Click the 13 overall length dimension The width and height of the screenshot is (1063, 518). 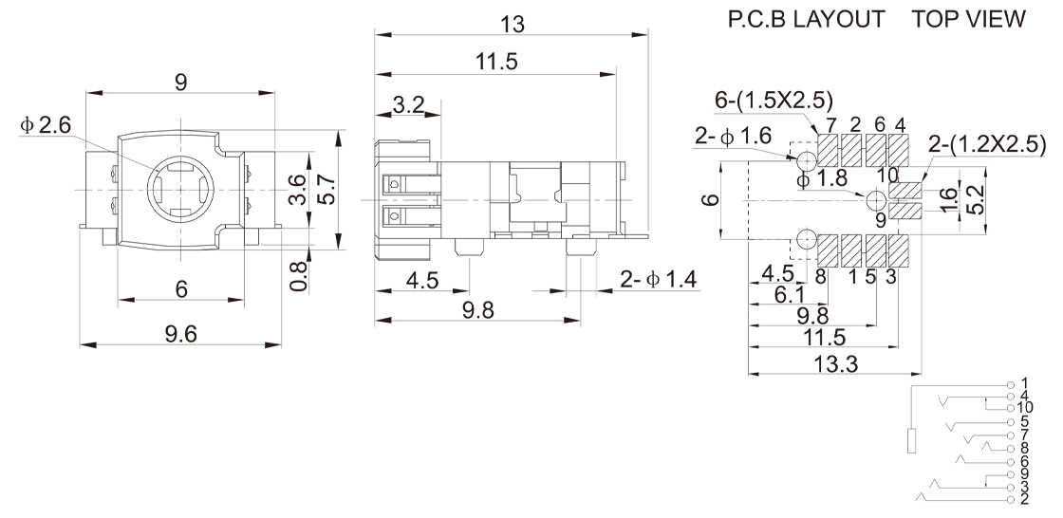(512, 25)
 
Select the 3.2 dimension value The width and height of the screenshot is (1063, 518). (408, 105)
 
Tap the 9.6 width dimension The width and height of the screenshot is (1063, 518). (180, 334)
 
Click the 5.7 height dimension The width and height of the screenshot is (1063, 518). (328, 189)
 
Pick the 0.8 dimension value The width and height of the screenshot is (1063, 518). (299, 276)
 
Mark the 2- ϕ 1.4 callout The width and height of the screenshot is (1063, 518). (659, 279)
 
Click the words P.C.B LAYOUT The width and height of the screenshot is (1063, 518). (806, 19)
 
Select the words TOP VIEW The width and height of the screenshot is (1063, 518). (968, 19)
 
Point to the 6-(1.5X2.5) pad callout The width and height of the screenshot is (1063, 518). (774, 101)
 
